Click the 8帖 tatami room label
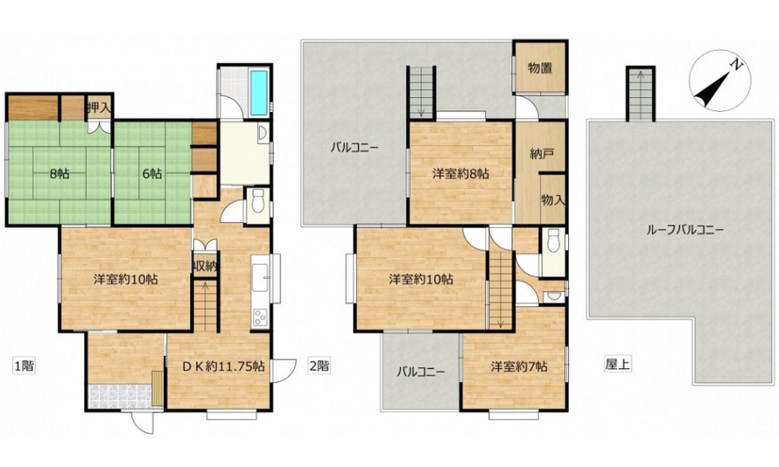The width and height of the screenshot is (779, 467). click(59, 174)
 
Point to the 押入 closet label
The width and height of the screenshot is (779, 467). click(99, 108)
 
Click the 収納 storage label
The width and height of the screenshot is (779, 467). click(204, 267)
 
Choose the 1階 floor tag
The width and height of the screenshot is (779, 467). click(24, 366)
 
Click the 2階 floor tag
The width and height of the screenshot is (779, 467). click(319, 366)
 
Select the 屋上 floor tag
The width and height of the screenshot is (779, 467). click(618, 365)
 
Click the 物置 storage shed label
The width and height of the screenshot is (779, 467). click(540, 68)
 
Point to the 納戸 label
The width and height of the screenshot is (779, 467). click(541, 154)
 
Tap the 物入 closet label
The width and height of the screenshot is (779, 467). click(553, 200)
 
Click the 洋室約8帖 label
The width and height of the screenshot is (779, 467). click(461, 174)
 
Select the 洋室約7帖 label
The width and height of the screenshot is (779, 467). click(519, 366)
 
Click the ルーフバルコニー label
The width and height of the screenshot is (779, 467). click(685, 229)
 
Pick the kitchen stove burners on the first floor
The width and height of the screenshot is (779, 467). click(260, 317)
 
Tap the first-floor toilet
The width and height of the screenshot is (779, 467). click(257, 201)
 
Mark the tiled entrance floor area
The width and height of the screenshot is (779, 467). click(119, 396)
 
